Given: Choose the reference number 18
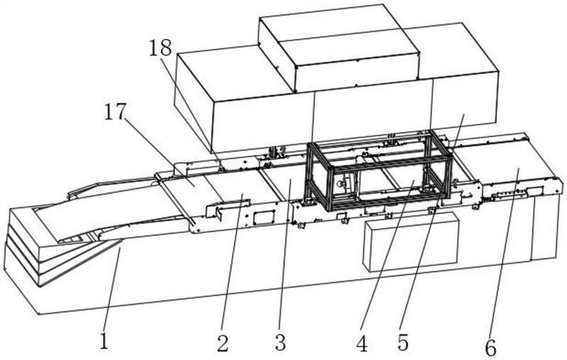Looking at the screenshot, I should coord(161,48).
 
